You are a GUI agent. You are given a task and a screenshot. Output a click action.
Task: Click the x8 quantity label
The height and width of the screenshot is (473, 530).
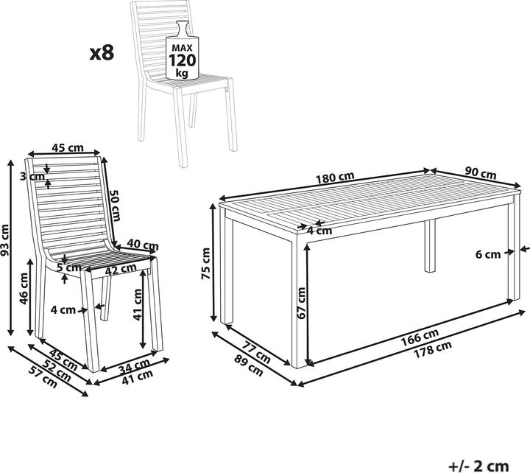tap(102, 53)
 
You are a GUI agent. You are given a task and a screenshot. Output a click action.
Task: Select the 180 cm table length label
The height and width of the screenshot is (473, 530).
tap(335, 178)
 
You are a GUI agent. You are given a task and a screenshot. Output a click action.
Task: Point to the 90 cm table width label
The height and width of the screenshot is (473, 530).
tap(480, 173)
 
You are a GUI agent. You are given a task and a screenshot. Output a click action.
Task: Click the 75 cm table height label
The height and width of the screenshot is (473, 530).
tap(206, 264)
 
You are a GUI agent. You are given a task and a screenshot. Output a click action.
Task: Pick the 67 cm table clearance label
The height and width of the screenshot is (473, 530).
tap(300, 303)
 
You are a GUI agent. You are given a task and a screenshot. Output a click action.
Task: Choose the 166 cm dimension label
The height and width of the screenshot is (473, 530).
tap(420, 337)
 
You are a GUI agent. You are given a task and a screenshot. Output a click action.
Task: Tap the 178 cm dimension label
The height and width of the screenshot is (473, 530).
tap(433, 349)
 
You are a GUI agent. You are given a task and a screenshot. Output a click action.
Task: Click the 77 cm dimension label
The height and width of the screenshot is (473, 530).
tap(257, 352)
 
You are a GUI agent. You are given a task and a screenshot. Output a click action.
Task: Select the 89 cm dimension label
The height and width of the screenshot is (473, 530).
tap(249, 365)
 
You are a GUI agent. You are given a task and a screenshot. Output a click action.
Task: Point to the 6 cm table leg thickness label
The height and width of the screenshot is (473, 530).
tap(488, 254)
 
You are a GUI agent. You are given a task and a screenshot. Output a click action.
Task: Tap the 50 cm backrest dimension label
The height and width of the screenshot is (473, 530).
tap(115, 205)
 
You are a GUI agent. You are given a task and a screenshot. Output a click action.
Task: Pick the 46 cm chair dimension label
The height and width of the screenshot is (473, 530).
tap(24, 288)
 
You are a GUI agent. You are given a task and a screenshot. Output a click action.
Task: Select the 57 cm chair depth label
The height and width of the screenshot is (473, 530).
tap(43, 377)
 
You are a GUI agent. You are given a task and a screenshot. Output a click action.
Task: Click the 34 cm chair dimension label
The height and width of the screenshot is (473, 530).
tap(135, 365)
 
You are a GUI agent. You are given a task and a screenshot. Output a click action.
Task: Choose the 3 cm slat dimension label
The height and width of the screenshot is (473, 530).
tap(32, 176)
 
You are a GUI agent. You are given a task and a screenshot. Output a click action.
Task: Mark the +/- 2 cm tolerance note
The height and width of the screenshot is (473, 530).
tap(479, 466)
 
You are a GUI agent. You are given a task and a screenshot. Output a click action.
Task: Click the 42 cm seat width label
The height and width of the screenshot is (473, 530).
tap(121, 270)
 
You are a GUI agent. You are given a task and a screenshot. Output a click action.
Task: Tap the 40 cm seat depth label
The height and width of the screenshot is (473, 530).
tap(143, 245)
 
